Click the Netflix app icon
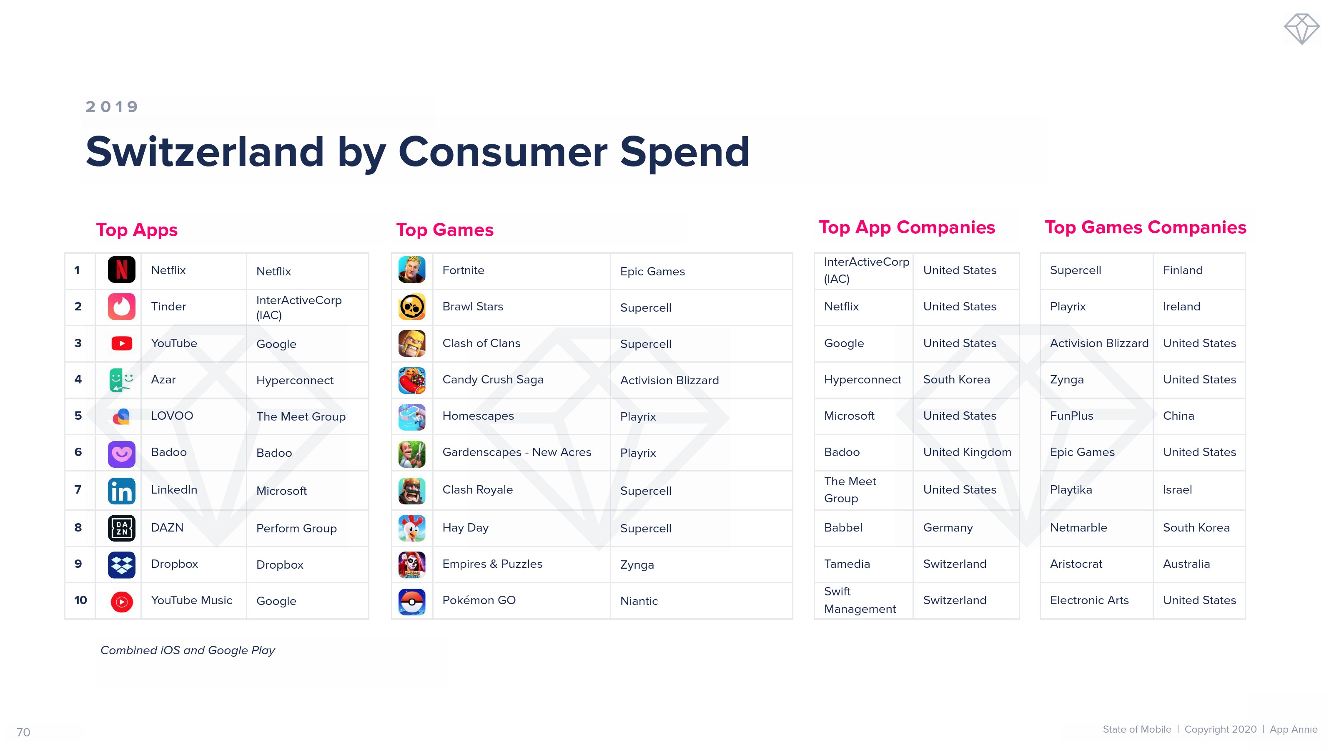coord(121,270)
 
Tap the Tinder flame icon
coord(121,306)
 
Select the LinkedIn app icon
coord(121,490)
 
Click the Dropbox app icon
coord(121,565)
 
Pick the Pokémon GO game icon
coord(412,601)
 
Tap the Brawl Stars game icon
coord(412,306)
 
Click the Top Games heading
coord(445,229)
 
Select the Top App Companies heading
coord(907,227)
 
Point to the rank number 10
coord(80,600)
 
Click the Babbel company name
coord(843,528)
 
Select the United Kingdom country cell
coord(967,452)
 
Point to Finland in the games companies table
coord(1183,270)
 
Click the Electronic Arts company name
coord(1089,600)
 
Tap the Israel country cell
coord(1177,490)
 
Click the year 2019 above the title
coord(112,107)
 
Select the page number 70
coord(23,732)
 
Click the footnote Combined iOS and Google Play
coord(188,650)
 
